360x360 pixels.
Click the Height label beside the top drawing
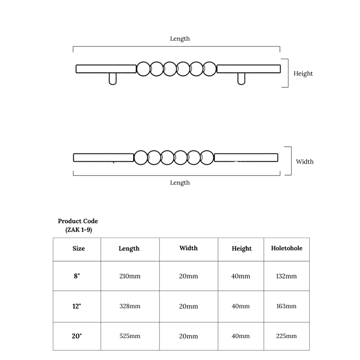[303, 74]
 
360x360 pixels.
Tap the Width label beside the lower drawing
[304, 162]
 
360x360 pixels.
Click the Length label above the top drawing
[180, 39]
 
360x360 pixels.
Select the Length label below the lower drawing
[180, 183]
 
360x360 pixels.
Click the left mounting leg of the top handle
[112, 79]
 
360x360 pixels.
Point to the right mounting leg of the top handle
[241, 79]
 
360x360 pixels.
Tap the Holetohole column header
[286, 248]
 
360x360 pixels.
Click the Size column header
[78, 248]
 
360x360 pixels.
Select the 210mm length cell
[130, 276]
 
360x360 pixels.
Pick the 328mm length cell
[130, 306]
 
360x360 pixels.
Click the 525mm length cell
[130, 336]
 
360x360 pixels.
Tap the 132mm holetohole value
[286, 276]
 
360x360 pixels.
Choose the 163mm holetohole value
[286, 306]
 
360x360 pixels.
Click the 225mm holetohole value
[286, 336]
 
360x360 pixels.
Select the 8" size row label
[77, 276]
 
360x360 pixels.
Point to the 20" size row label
[77, 336]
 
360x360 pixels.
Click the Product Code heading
[78, 221]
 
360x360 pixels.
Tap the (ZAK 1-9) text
[78, 230]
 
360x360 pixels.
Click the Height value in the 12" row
[241, 306]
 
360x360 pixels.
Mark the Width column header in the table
[188, 248]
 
